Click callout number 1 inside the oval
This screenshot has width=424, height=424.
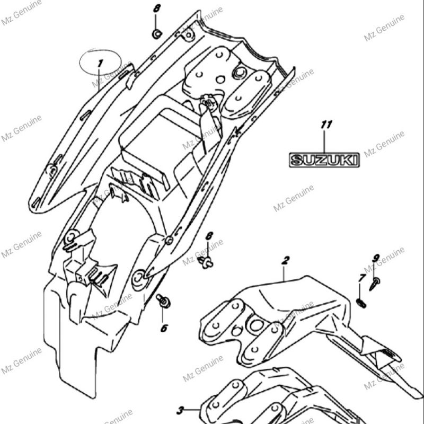[x=99, y=64]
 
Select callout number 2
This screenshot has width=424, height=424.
[x=285, y=260]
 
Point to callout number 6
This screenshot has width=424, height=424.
[x=164, y=328]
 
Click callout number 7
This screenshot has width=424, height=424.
[x=362, y=278]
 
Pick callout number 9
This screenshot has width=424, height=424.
[x=376, y=259]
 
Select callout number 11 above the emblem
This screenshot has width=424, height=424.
[x=326, y=125]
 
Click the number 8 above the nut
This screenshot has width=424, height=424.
[x=156, y=8]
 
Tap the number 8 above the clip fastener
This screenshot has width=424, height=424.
[x=209, y=236]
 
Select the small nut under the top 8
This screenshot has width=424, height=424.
[x=156, y=34]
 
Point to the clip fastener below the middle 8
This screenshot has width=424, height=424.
[x=207, y=261]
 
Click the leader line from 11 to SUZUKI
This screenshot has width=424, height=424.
[x=325, y=142]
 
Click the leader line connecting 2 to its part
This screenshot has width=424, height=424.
[x=284, y=272]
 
